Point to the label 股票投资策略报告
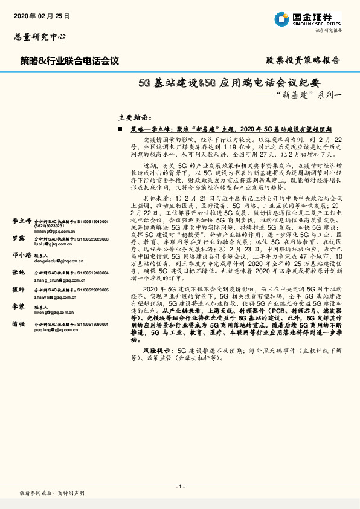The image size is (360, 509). tap(303, 60)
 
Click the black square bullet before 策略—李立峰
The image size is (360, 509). tap(121, 129)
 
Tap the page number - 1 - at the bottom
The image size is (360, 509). tap(180, 487)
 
